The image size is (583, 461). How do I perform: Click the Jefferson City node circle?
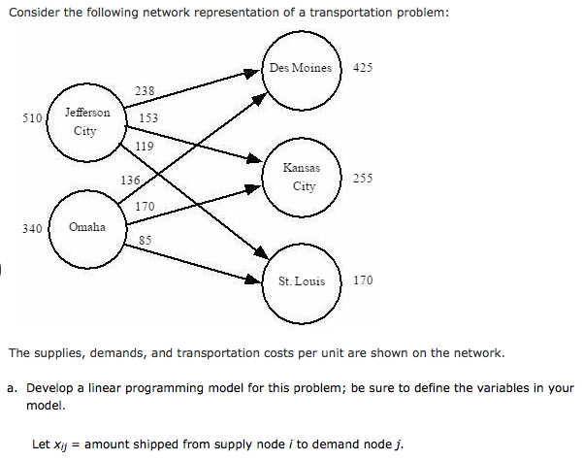[86, 121]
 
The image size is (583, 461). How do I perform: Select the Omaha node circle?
[86, 227]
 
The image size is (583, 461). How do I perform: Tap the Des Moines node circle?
[302, 69]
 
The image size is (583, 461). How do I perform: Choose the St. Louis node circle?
[302, 281]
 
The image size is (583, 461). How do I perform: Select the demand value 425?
[363, 69]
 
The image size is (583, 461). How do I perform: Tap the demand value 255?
[363, 178]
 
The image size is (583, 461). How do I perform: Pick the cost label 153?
[148, 118]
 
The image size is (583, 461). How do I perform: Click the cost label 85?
[145, 239]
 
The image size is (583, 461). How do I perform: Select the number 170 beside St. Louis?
[363, 280]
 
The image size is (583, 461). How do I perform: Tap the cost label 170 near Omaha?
[145, 206]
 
